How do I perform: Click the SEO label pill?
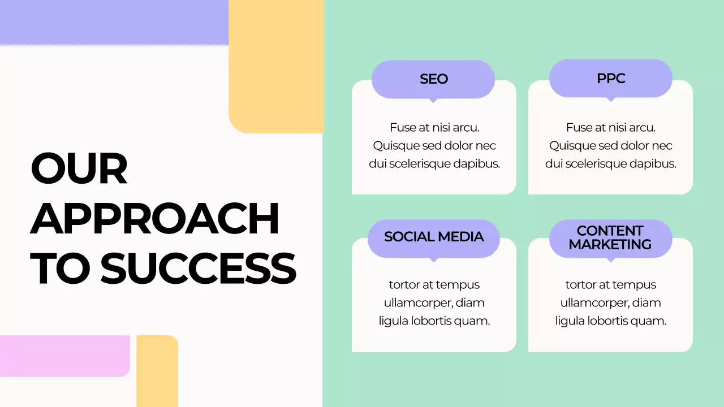(x=433, y=79)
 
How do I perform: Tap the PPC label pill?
(x=611, y=78)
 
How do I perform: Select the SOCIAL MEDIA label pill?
(x=434, y=237)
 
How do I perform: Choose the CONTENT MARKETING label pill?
(x=610, y=238)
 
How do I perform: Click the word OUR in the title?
(x=79, y=170)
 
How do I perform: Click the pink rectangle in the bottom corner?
(x=64, y=356)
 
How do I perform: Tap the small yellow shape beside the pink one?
(x=157, y=370)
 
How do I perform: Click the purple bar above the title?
(x=113, y=22)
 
